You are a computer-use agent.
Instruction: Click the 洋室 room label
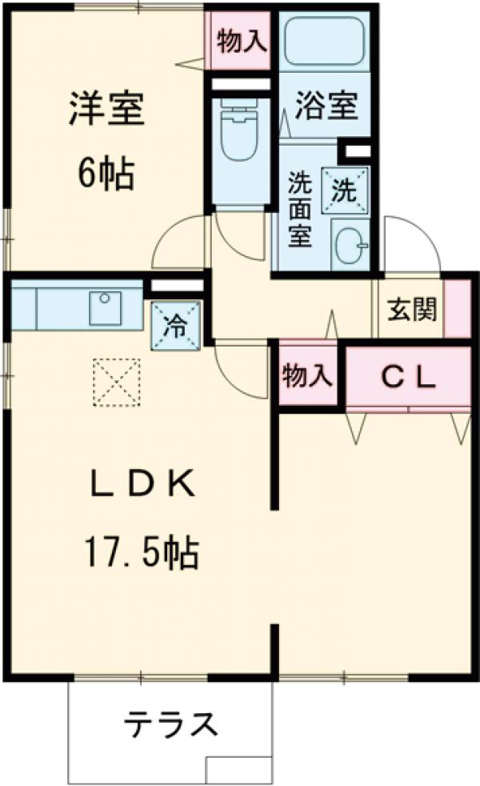pyautogui.click(x=106, y=110)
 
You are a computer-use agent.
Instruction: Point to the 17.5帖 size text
pyautogui.click(x=139, y=552)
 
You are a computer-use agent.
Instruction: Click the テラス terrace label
pyautogui.click(x=170, y=725)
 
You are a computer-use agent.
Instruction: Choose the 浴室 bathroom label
pyautogui.click(x=326, y=106)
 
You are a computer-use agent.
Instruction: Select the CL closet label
pyautogui.click(x=407, y=376)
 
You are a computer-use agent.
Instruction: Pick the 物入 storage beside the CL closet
pyautogui.click(x=306, y=375)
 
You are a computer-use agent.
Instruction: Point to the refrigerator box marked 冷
pyautogui.click(x=174, y=326)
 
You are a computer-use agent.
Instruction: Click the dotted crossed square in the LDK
pyautogui.click(x=117, y=383)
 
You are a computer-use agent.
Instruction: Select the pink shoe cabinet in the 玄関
pyautogui.click(x=458, y=308)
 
